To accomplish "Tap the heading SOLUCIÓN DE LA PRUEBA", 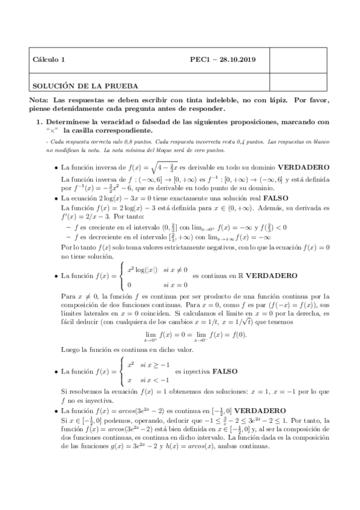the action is click(85, 86).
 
